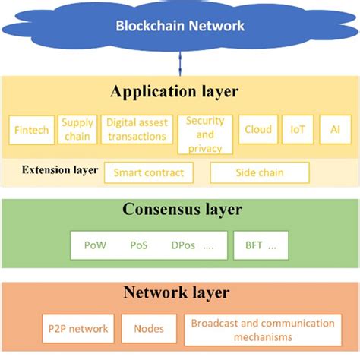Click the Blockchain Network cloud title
(x=180, y=26)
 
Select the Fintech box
(x=32, y=130)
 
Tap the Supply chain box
(x=77, y=130)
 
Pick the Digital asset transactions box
(x=136, y=130)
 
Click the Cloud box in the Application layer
(x=257, y=130)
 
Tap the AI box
(x=335, y=130)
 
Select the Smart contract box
(x=148, y=172)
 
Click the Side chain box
(x=259, y=172)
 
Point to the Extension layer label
(x=59, y=170)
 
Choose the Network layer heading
(x=179, y=292)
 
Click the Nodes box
(x=148, y=330)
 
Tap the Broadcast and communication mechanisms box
(x=262, y=330)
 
